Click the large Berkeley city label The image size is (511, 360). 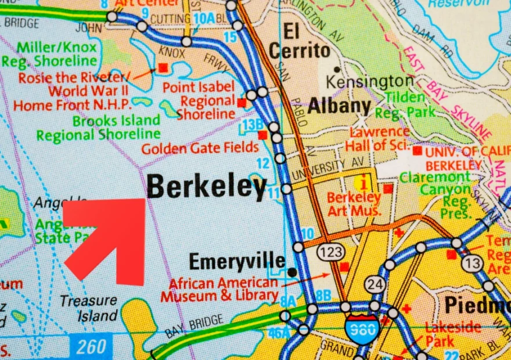pyautogui.click(x=207, y=188)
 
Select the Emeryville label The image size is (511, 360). pyautogui.click(x=237, y=262)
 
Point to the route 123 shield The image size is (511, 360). pyautogui.click(x=330, y=251)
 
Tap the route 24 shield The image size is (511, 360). pyautogui.click(x=375, y=285)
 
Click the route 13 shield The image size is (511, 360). pyautogui.click(x=473, y=264)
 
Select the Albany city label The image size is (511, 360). pyautogui.click(x=339, y=106)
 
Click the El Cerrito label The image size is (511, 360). pyautogui.click(x=300, y=41)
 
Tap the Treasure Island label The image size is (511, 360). pyautogui.click(x=89, y=308)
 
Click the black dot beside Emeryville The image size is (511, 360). pyautogui.click(x=292, y=272)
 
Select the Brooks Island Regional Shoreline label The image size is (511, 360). pyautogui.click(x=99, y=128)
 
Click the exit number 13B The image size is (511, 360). pyautogui.click(x=253, y=124)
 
